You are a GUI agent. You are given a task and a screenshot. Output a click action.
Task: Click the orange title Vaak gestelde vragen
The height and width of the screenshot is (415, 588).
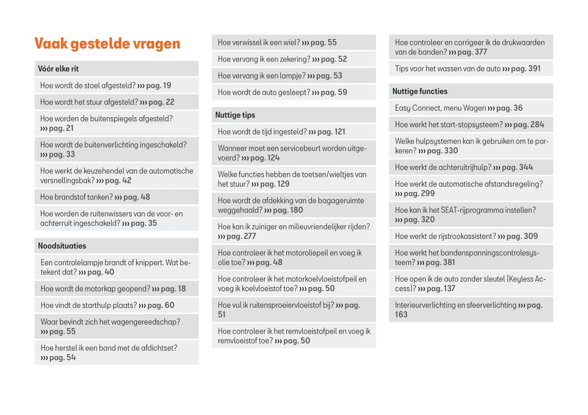pyautogui.click(x=107, y=43)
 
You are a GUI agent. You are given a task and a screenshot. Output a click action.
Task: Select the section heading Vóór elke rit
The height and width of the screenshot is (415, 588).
pyautogui.click(x=58, y=69)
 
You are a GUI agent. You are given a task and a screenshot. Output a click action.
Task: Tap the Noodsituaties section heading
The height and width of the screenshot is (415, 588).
pyautogui.click(x=62, y=246)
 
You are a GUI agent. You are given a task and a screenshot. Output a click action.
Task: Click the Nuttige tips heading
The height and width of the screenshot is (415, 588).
pyautogui.click(x=235, y=115)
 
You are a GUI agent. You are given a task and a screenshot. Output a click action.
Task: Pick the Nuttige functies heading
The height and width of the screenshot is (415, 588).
pyautogui.click(x=420, y=91)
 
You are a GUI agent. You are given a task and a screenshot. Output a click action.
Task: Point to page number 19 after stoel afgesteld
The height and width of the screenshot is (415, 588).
pyautogui.click(x=167, y=86)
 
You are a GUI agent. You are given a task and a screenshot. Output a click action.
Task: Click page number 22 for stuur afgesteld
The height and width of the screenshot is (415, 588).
pyautogui.click(x=170, y=102)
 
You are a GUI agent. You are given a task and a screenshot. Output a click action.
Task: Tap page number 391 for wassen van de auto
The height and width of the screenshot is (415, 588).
pyautogui.click(x=534, y=69)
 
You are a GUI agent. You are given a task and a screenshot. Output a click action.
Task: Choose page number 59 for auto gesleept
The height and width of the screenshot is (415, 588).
pyautogui.click(x=342, y=93)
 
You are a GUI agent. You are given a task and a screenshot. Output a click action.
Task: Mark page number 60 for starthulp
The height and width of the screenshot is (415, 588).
pyautogui.click(x=170, y=305)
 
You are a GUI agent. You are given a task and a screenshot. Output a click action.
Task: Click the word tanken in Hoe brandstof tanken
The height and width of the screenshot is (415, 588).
pyautogui.click(x=101, y=197)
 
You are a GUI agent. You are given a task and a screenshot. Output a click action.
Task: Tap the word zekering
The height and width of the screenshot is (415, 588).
pyautogui.click(x=294, y=59)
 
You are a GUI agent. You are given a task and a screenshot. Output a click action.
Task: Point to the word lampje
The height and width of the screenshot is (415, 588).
pyautogui.click(x=292, y=76)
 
